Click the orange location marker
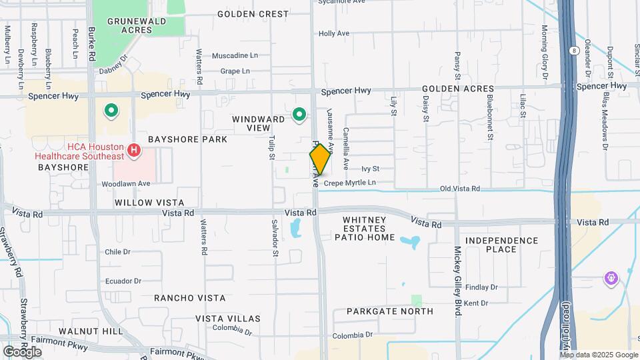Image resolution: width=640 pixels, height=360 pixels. [x=320, y=159]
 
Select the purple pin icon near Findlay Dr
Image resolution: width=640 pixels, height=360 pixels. [x=611, y=278]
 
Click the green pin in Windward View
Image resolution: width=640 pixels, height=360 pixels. [x=299, y=115]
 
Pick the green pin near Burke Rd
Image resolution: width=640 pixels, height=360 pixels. [x=111, y=111]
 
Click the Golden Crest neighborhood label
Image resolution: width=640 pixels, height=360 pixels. [x=253, y=13]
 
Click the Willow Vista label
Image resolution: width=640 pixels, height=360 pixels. [x=148, y=202]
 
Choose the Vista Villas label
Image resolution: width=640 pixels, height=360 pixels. [x=227, y=319]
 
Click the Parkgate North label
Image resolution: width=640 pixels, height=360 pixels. [x=390, y=311]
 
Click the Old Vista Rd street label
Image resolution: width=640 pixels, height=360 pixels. [x=460, y=189]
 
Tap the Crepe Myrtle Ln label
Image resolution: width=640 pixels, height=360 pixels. [x=350, y=182]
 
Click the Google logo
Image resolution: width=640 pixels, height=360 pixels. [x=23, y=351]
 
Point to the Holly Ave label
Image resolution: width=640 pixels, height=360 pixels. [x=334, y=33]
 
